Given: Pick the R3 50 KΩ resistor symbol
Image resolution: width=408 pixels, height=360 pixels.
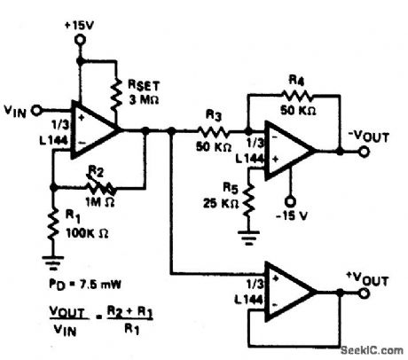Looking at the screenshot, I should [214, 130].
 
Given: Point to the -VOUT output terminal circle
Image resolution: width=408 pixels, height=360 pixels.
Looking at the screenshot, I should [364, 151].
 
